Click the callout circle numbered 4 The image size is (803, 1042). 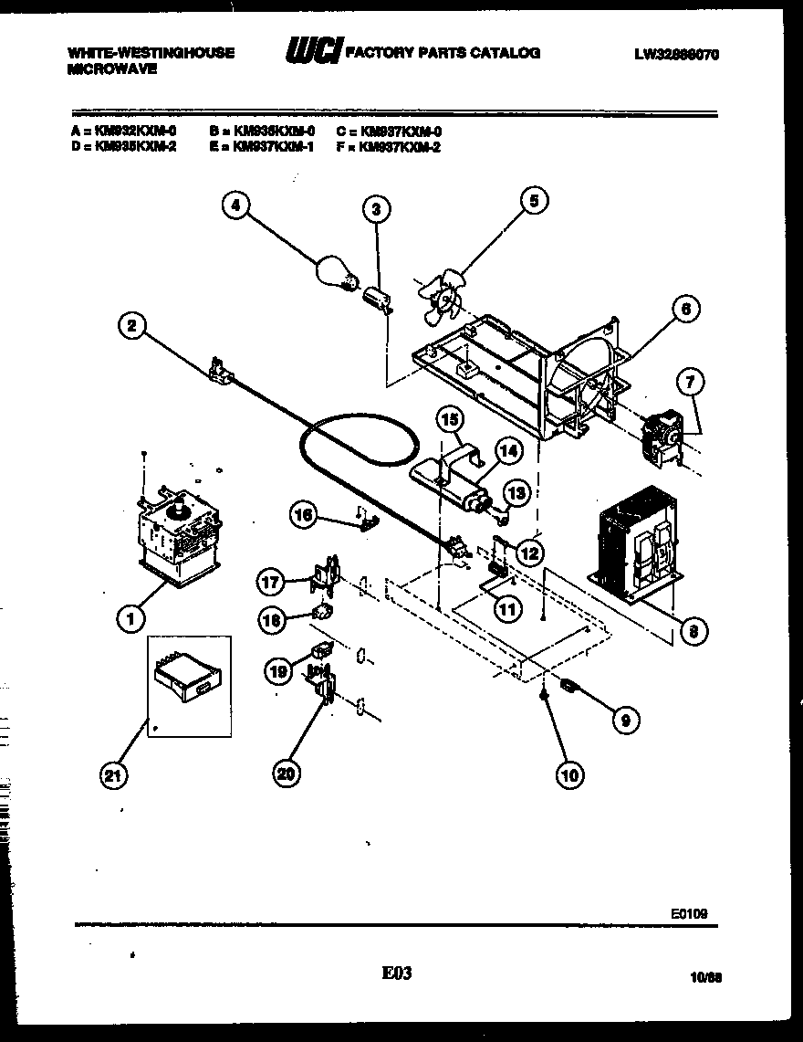click(236, 206)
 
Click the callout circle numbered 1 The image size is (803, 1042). click(130, 620)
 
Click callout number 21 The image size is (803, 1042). click(111, 776)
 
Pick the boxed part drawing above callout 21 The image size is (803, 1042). click(189, 686)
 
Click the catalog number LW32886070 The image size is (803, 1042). click(676, 54)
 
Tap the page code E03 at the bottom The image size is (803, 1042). click(397, 974)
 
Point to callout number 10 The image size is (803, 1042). click(568, 775)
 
